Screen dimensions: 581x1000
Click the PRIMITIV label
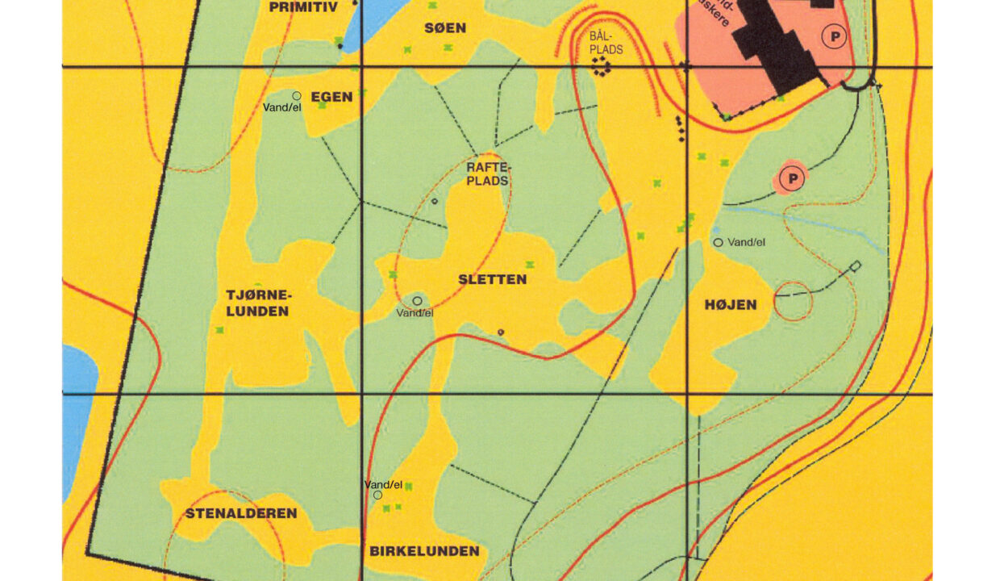302,7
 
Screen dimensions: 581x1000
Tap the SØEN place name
445,28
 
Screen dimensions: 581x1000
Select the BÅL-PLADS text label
606,43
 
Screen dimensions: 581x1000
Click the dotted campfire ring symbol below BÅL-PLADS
600,69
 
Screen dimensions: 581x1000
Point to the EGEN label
331,97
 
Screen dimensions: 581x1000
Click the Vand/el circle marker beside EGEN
297,95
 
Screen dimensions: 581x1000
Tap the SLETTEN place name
492,279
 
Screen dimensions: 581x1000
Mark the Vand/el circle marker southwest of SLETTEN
417,301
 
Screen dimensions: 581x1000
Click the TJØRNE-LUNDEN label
257,303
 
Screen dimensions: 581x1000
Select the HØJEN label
731,304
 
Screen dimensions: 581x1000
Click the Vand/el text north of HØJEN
746,242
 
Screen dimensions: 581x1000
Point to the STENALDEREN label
241,513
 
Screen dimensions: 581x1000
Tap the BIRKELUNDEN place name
424,551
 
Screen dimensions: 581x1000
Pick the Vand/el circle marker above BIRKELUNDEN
377,495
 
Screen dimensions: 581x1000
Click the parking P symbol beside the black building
833,36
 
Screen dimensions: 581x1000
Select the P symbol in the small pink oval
792,178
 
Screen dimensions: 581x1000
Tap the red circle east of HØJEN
793,302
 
